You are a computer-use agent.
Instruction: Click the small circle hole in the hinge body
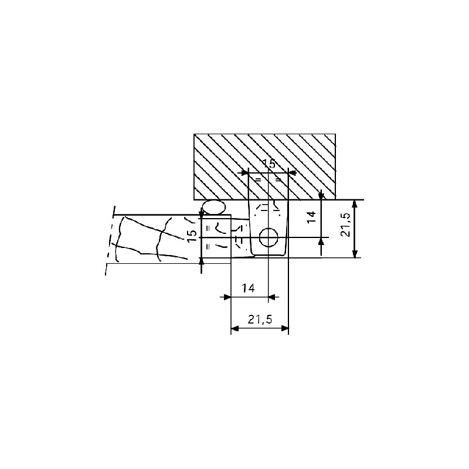pos(269,237)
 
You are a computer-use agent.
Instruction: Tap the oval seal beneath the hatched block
pos(213,207)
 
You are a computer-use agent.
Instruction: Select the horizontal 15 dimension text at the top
pos(269,164)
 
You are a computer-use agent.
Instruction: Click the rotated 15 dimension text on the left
pos(193,236)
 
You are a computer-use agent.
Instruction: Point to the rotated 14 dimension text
pos(311,216)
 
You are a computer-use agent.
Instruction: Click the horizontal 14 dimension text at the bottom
pos(248,288)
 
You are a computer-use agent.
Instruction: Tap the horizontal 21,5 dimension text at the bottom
pos(260,320)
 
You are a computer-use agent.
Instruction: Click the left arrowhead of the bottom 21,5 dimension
pos(235,328)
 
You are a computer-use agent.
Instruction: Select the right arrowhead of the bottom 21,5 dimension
pos(284,328)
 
